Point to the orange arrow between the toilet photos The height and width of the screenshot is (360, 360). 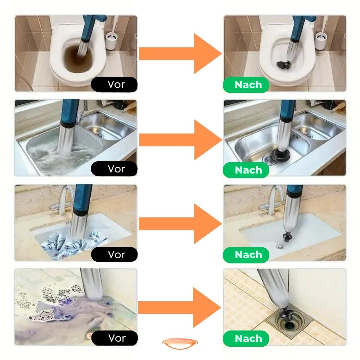180,54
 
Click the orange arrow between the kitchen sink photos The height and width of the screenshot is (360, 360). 181,140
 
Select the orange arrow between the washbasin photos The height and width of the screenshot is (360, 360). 180,224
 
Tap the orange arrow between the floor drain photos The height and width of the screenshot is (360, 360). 180,308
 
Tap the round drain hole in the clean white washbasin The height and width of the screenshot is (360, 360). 280,247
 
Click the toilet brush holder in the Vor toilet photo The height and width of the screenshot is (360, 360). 112,41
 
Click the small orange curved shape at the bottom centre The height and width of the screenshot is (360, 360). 180,343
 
